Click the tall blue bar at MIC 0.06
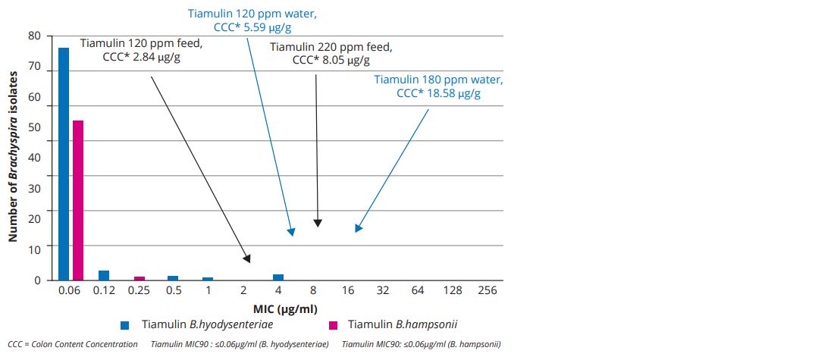point(64,164)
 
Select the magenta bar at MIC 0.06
point(78,200)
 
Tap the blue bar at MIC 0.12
point(104,275)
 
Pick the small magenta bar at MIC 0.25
point(140,278)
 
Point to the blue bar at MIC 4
point(278,277)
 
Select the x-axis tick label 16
point(349,291)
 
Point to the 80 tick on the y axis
point(34,36)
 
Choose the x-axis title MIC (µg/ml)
point(285,308)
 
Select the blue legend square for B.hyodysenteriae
point(125,325)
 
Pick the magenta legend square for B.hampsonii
point(332,325)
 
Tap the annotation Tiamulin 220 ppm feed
point(331,47)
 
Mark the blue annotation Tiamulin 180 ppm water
point(438,80)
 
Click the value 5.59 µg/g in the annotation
point(266,27)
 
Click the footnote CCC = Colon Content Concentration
point(73,345)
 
